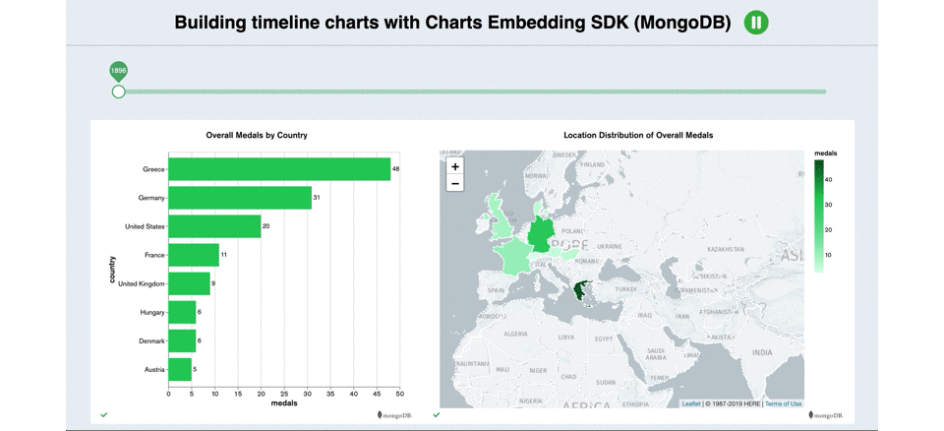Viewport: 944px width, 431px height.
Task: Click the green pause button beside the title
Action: pos(755,23)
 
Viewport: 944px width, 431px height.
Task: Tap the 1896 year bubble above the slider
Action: pos(118,70)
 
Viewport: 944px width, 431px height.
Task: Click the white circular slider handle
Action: pos(118,92)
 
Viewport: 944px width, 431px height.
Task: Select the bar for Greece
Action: pos(279,169)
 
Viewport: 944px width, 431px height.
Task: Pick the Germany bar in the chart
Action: pos(240,198)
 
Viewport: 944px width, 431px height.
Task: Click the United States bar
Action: pos(214,226)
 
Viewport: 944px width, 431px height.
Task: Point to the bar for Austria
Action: pos(180,370)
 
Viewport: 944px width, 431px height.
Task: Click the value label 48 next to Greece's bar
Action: pos(396,169)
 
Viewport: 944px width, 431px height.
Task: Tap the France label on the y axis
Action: pos(153,255)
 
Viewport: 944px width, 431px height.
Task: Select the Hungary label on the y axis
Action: pos(151,313)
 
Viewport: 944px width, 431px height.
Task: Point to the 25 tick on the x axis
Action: pos(284,394)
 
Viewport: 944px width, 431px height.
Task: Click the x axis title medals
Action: pos(284,403)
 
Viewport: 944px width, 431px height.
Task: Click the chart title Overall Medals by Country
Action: pos(256,135)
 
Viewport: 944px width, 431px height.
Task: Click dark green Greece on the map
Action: pos(582,291)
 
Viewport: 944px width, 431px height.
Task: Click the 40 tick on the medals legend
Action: pos(828,180)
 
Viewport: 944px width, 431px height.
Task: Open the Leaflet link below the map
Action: pos(691,403)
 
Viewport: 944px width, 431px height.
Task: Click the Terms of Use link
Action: pos(783,403)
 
